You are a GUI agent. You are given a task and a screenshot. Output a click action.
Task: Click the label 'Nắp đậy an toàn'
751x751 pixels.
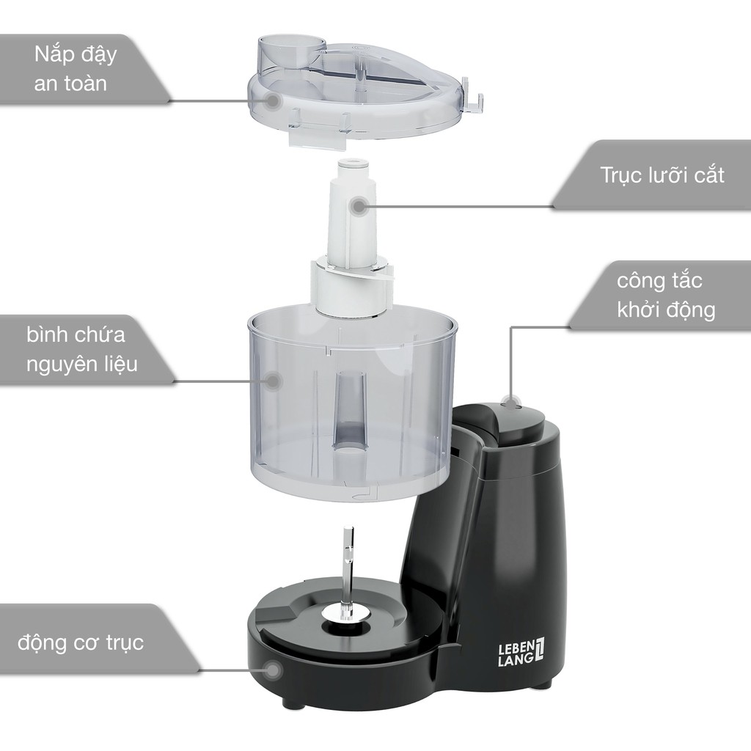76,69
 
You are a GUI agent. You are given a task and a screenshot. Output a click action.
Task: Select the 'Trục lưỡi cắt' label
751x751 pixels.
662,175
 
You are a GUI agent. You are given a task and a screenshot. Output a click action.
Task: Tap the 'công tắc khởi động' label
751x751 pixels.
666,296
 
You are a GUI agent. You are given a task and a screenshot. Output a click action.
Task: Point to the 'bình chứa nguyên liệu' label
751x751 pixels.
76,350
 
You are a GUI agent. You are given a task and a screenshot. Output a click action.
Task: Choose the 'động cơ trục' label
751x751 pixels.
81,642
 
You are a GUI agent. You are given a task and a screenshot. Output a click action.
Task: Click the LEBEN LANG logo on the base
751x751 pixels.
521,652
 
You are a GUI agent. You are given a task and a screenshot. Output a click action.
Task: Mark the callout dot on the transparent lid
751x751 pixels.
273,100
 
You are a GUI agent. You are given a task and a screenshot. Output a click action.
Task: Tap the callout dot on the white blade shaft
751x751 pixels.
358,207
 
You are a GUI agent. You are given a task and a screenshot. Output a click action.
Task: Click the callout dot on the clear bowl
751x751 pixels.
273,381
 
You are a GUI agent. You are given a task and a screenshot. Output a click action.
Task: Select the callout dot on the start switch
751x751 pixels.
510,403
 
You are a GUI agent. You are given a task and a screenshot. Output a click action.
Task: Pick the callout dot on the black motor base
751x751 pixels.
273,670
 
